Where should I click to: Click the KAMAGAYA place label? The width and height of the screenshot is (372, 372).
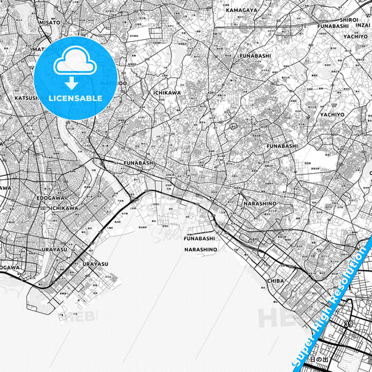pyautogui.click(x=240, y=10)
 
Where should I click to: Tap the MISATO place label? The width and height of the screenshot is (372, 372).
pyautogui.click(x=50, y=22)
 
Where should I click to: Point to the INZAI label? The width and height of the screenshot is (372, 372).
pyautogui.click(x=362, y=25)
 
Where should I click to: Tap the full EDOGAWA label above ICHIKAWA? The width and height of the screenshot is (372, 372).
pyautogui.click(x=51, y=198)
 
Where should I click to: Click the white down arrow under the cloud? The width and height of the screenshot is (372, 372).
pyautogui.click(x=73, y=83)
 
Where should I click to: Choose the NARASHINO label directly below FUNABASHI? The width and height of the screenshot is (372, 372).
pyautogui.click(x=202, y=249)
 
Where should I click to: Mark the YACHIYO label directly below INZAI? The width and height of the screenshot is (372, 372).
pyautogui.click(x=355, y=36)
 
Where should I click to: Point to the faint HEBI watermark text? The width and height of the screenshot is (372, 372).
pyautogui.click(x=83, y=316)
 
